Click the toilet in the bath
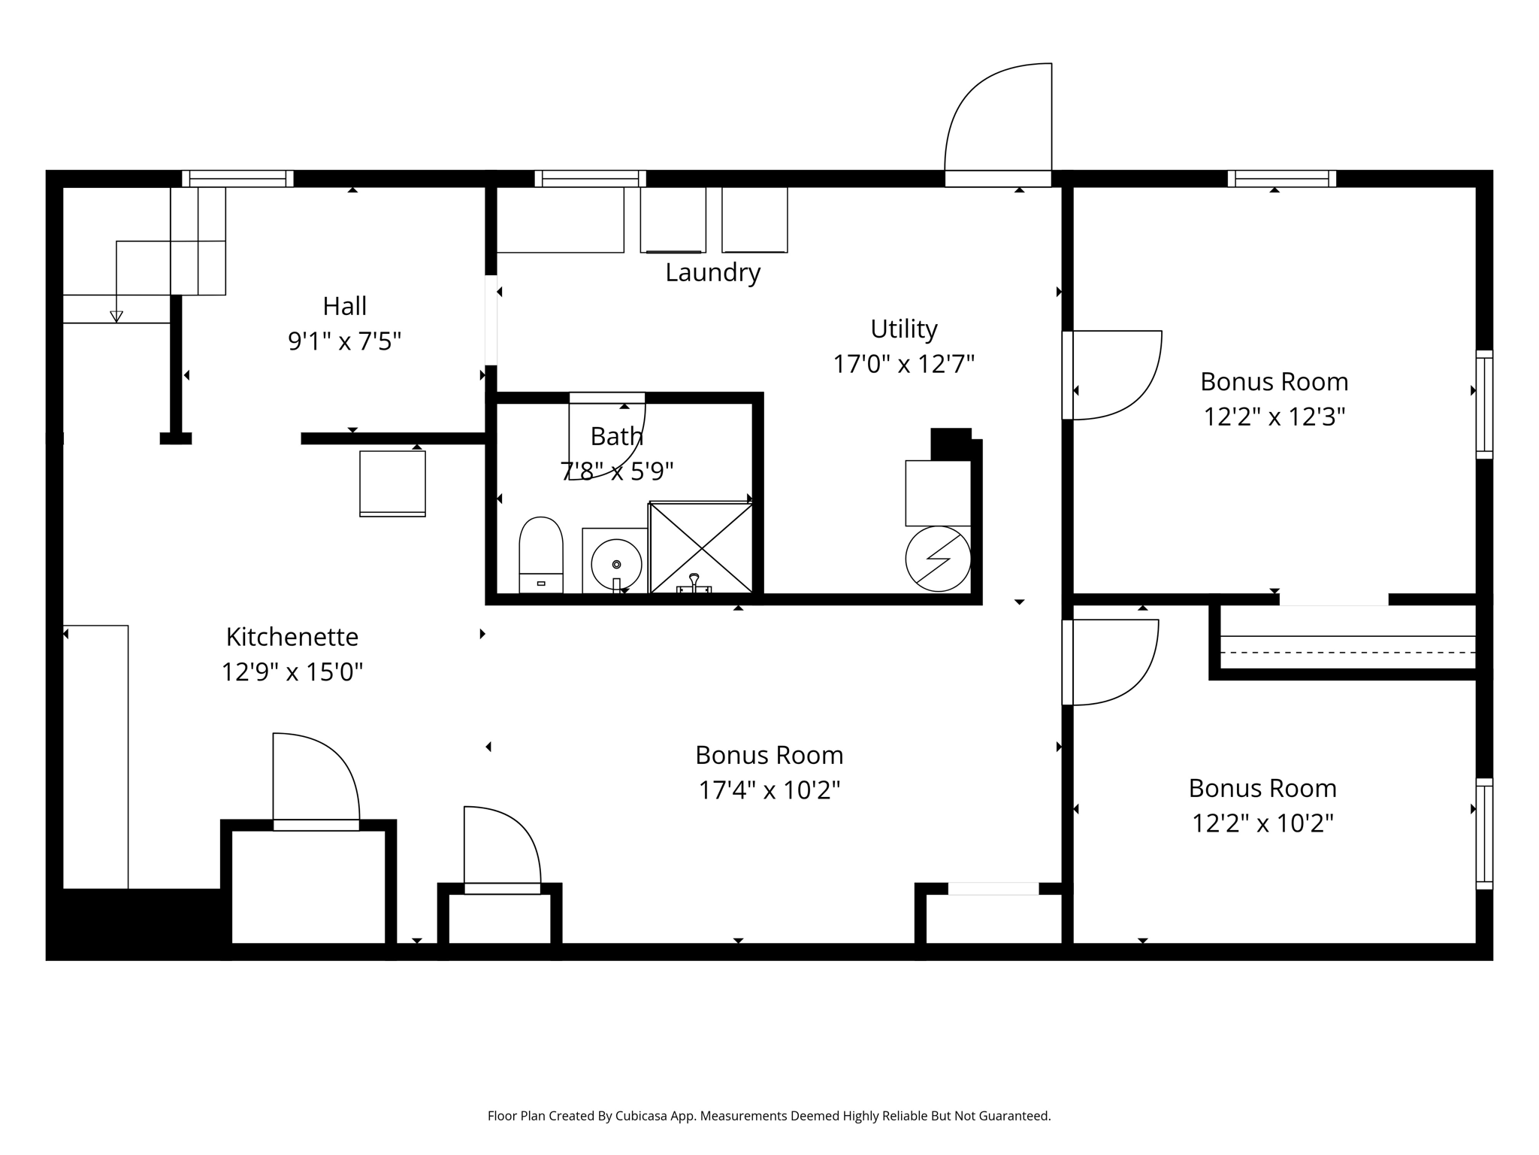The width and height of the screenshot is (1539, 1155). [x=541, y=555]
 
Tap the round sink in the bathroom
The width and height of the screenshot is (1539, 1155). [x=616, y=564]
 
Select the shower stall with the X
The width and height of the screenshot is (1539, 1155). [x=701, y=548]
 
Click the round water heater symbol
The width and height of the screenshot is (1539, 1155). [x=938, y=559]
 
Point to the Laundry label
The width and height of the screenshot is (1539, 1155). [x=713, y=272]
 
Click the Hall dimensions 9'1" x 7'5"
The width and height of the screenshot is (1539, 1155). [x=345, y=342]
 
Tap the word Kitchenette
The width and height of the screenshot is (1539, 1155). [x=292, y=637]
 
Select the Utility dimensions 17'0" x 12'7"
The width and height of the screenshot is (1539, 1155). [x=904, y=365]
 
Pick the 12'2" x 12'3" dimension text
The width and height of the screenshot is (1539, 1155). [x=1274, y=417]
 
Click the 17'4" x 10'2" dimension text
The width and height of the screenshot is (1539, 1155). [x=769, y=790]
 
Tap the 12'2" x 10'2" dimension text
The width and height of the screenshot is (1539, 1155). [x=1262, y=823]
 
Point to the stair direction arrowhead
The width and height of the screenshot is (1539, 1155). [x=116, y=317]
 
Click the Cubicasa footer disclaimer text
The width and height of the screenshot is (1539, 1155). [x=769, y=1116]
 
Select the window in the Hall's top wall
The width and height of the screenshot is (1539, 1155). [x=237, y=178]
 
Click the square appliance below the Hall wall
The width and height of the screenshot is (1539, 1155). [x=392, y=484]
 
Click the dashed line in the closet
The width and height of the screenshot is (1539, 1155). [x=1348, y=653]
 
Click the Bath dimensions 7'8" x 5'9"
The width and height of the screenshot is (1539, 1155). [x=617, y=471]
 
